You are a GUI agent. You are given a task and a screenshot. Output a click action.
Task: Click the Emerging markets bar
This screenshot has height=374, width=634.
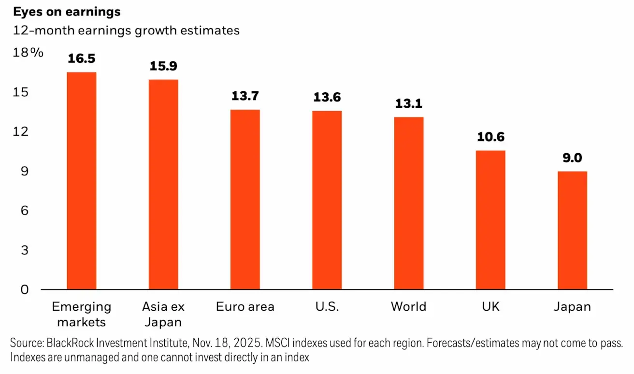[81, 181]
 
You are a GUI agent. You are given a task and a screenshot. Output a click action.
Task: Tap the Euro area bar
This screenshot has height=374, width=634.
[245, 200]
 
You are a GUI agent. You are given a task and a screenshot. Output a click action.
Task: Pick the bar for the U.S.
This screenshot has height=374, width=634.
[327, 200]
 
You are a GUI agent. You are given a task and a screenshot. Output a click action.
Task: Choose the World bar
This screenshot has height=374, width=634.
[408, 203]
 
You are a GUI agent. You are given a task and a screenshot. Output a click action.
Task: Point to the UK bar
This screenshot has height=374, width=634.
[490, 220]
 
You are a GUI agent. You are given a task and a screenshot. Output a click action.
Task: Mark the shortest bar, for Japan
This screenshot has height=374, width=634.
[572, 230]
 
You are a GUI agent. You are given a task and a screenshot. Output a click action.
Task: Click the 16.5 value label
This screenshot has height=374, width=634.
[81, 59]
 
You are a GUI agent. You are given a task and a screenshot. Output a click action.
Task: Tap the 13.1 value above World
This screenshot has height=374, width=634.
[408, 104]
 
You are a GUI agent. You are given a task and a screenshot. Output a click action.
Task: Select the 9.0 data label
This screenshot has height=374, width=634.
[572, 158]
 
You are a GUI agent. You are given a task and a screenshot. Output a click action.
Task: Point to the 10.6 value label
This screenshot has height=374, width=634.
[490, 137]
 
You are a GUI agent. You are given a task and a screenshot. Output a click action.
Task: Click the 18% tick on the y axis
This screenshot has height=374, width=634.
[28, 53]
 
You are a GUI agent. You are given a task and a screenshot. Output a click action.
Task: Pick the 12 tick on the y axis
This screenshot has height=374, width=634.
[24, 131]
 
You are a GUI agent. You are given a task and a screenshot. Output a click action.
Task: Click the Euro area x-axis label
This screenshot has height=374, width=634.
[245, 307]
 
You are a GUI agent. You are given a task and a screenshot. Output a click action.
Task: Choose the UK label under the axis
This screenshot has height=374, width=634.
[490, 307]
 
